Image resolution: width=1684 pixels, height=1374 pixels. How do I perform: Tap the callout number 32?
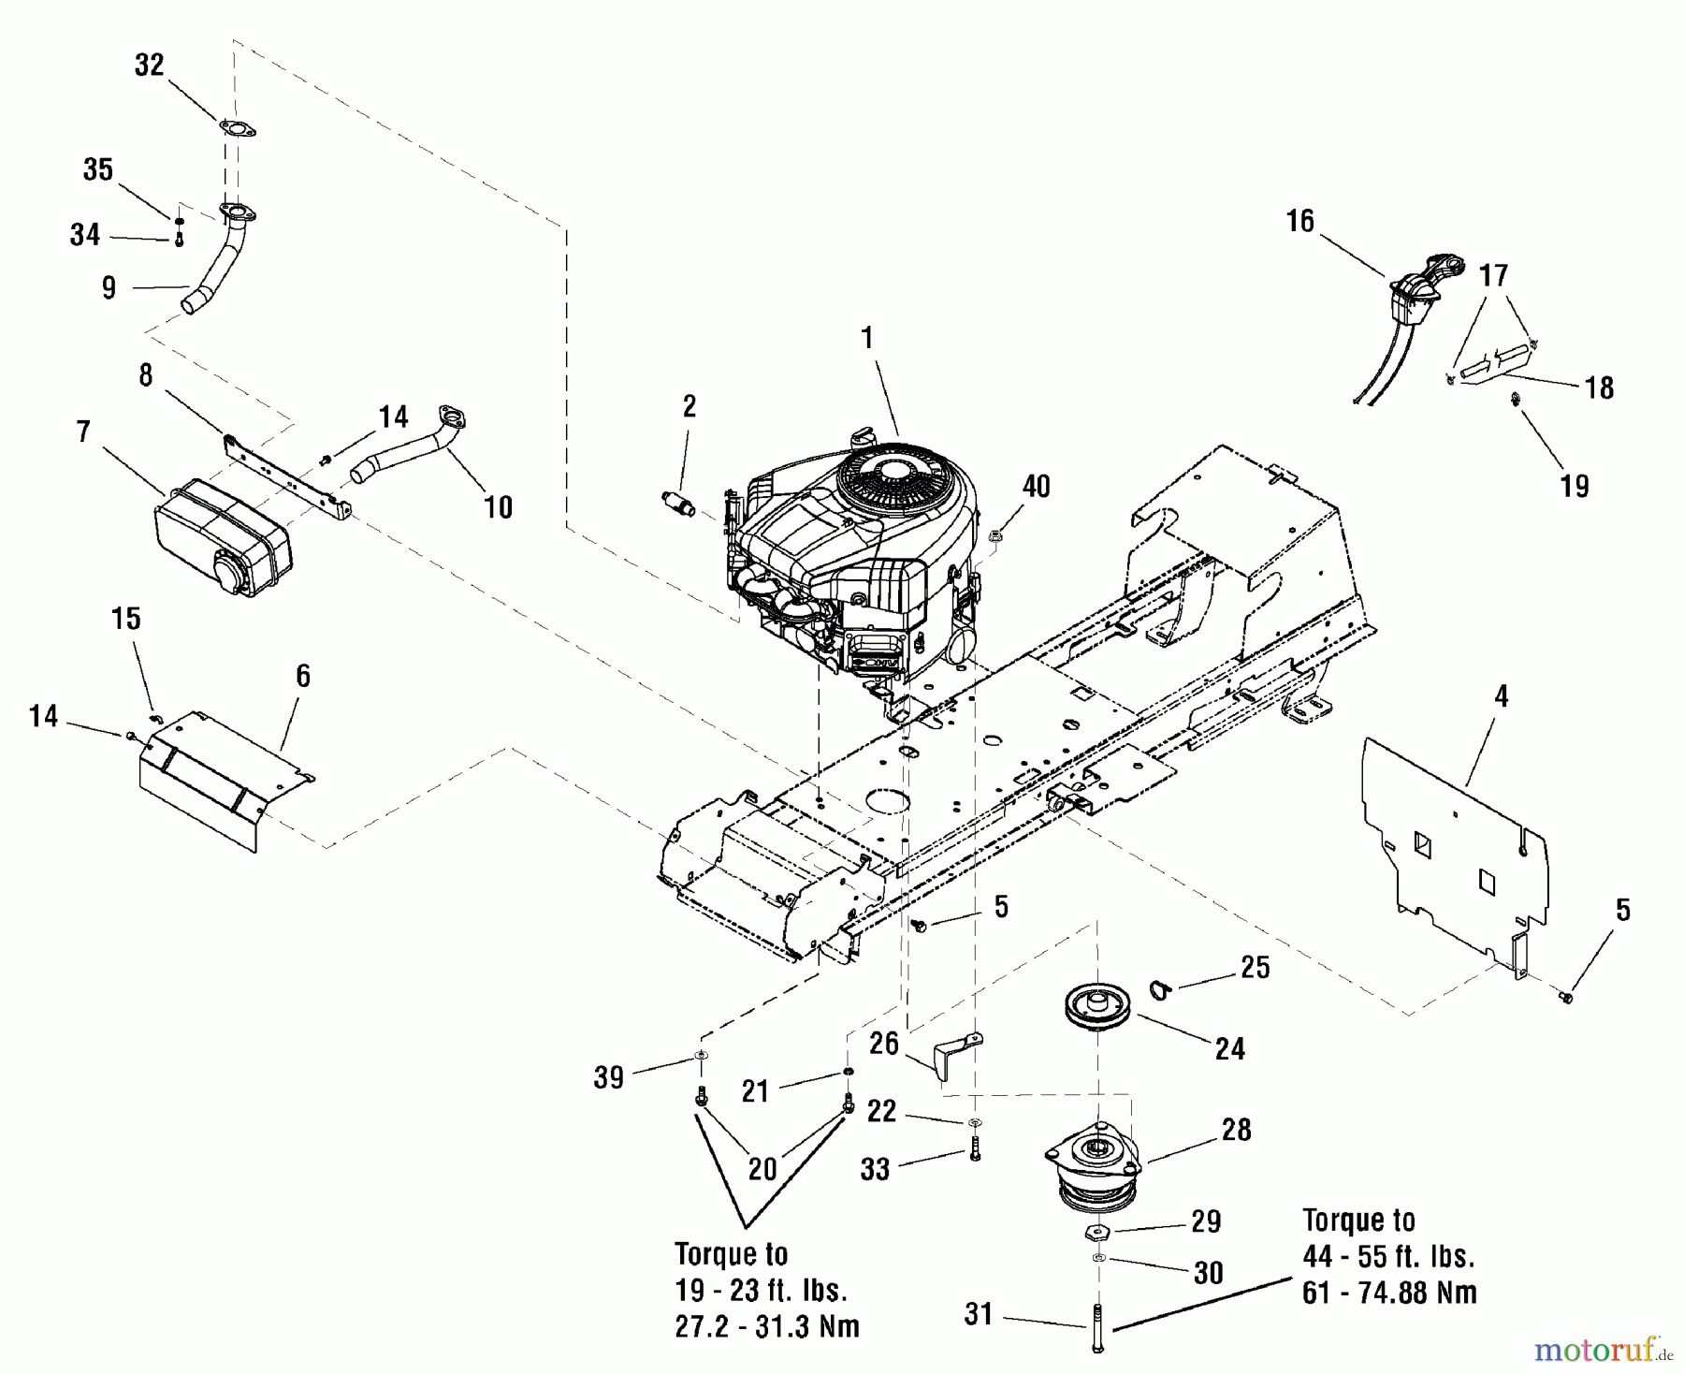pyautogui.click(x=150, y=66)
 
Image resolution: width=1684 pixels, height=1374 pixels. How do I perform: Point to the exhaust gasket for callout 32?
pyautogui.click(x=238, y=130)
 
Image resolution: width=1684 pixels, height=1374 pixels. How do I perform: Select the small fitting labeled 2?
pyautogui.click(x=682, y=504)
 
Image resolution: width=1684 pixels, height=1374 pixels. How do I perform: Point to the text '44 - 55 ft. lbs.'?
pyautogui.click(x=1388, y=1257)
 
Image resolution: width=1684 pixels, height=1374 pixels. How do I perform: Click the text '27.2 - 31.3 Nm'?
pyautogui.click(x=767, y=1326)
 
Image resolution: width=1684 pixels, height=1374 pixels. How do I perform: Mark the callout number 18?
pyautogui.click(x=1600, y=387)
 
